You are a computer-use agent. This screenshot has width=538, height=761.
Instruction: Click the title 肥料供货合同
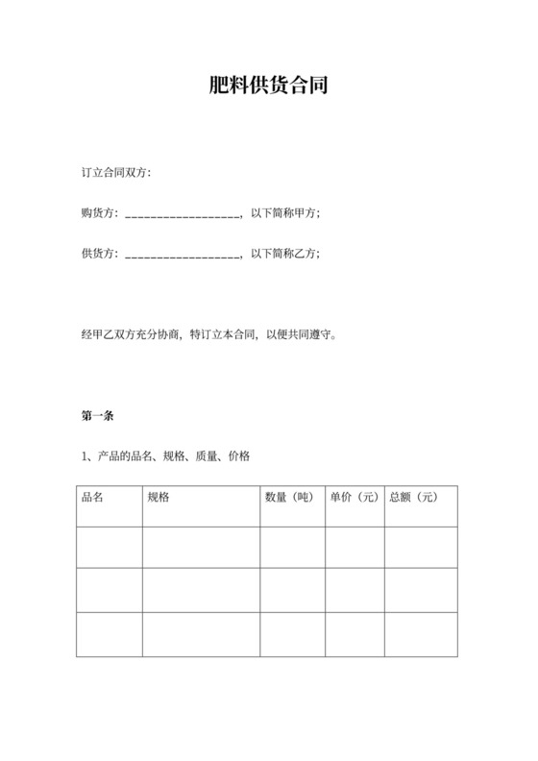click(x=269, y=86)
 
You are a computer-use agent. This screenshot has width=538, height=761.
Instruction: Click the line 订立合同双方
click(x=116, y=174)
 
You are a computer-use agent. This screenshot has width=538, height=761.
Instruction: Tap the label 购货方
click(x=99, y=213)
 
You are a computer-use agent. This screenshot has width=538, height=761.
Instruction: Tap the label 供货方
click(x=99, y=254)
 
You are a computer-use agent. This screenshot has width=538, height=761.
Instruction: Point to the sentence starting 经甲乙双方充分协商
click(x=209, y=335)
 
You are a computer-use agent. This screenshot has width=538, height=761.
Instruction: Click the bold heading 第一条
click(x=99, y=416)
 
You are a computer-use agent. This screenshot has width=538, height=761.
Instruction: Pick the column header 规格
click(x=159, y=498)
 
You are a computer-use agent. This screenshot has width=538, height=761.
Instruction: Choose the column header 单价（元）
click(x=355, y=498)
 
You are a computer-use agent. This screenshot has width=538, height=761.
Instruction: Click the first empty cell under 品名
click(x=110, y=547)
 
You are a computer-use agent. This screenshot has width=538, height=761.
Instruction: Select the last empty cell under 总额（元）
click(x=421, y=634)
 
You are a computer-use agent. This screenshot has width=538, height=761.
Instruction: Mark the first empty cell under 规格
click(x=201, y=547)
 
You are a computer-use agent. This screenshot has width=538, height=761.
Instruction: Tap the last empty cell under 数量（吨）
click(x=292, y=634)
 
